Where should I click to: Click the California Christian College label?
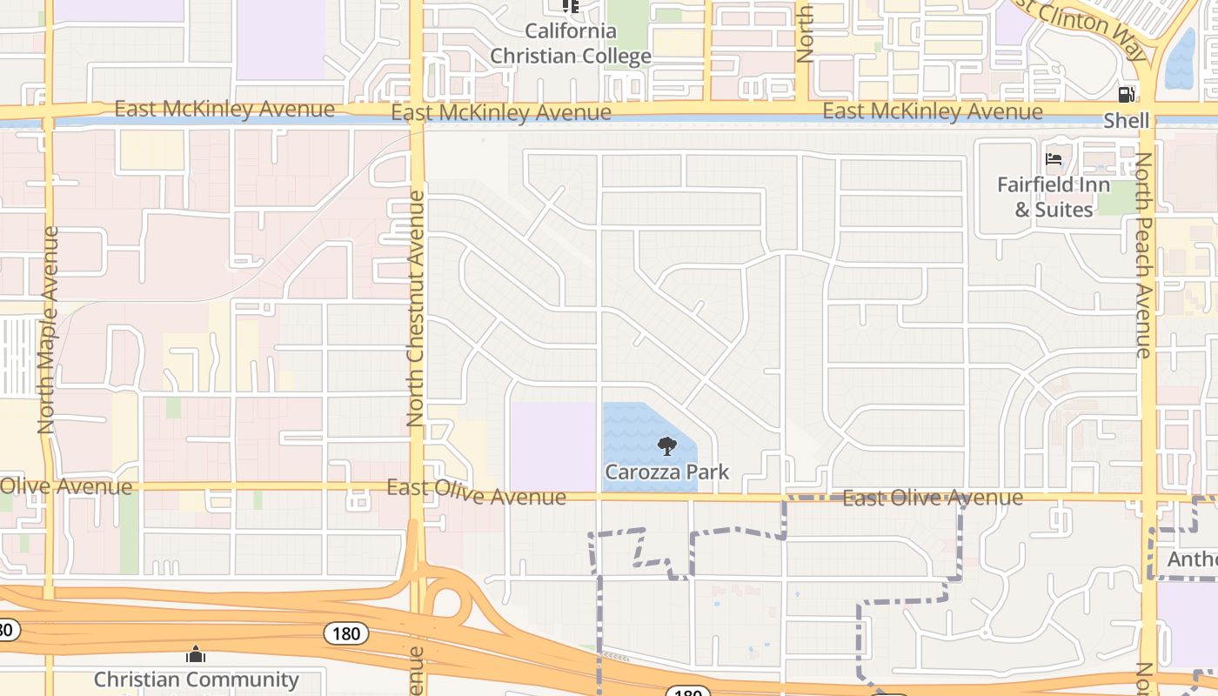[x=571, y=43]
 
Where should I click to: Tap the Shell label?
[x=1127, y=121]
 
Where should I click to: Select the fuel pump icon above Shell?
[x=1127, y=95]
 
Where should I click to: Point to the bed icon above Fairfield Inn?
[x=1054, y=159]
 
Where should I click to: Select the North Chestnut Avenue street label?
[x=416, y=308]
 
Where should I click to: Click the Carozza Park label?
[x=667, y=472]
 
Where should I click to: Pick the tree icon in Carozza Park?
[x=667, y=447]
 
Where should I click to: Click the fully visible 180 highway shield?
[x=346, y=633]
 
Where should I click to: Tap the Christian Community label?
[x=196, y=679]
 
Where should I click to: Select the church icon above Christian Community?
[x=196, y=653]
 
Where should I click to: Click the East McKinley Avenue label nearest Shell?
[x=933, y=111]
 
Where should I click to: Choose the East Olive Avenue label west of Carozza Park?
[x=476, y=492]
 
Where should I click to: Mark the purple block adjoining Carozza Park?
[x=553, y=446]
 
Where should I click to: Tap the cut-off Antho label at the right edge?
[x=1192, y=559]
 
